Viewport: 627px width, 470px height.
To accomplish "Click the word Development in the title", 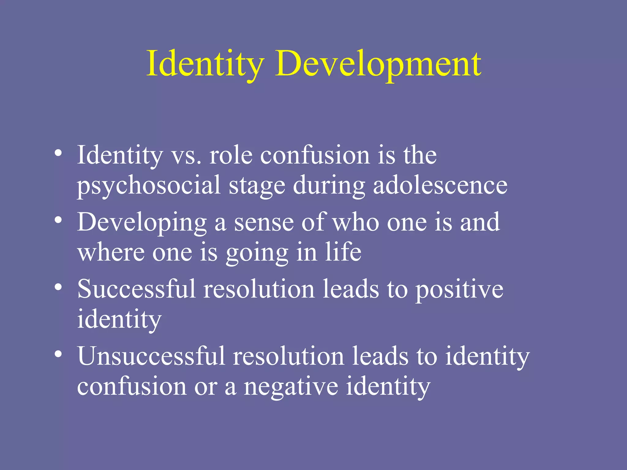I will click(x=378, y=64).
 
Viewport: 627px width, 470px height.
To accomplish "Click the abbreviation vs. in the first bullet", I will click(x=186, y=156).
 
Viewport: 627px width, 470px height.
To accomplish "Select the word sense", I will click(x=264, y=223).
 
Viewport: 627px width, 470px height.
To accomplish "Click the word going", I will click(x=257, y=253).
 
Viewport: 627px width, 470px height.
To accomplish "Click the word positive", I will click(x=459, y=289).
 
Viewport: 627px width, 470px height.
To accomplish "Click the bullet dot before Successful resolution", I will click(x=58, y=287).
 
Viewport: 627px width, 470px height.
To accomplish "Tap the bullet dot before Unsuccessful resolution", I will click(x=58, y=354).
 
